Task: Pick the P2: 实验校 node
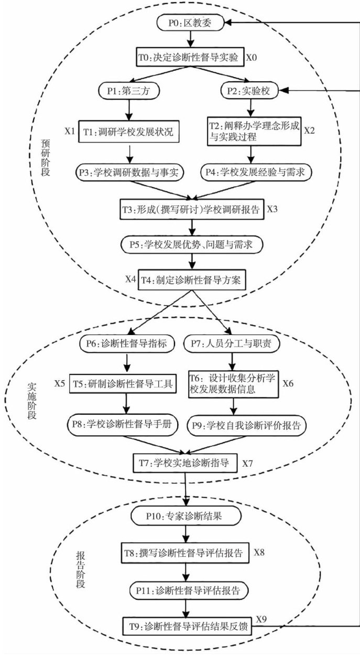click(x=252, y=91)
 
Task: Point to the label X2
click(x=310, y=130)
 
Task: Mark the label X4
click(x=130, y=278)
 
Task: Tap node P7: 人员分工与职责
click(x=233, y=344)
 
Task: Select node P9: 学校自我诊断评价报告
click(x=246, y=425)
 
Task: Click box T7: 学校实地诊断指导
click(x=184, y=463)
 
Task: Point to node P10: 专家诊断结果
click(x=185, y=516)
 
